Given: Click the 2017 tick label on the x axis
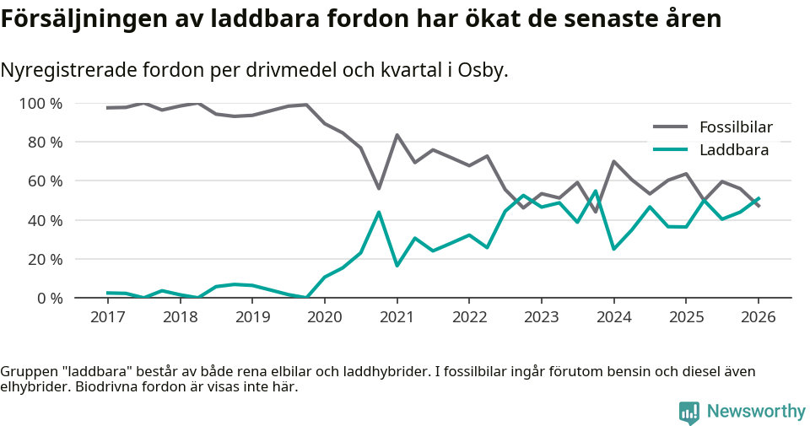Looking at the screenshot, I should point(107,317).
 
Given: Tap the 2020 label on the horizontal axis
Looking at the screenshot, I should point(325,317).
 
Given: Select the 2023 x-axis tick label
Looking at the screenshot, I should point(541,317).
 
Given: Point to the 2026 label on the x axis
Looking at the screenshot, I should point(758,317).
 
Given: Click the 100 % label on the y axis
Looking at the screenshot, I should point(40,104).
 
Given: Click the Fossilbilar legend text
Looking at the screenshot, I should point(736,127).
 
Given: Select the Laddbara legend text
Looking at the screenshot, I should point(733,150).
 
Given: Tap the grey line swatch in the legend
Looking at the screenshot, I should point(671,127).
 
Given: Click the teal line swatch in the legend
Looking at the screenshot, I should point(671,150).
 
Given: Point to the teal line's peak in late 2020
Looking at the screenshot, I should point(379,212).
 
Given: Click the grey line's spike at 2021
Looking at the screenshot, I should point(397,135).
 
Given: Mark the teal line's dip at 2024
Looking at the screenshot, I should point(613,249).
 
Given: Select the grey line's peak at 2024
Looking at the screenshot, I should point(613,161).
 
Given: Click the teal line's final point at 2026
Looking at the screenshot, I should point(759,198).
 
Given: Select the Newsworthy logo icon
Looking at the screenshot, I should point(688,412).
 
